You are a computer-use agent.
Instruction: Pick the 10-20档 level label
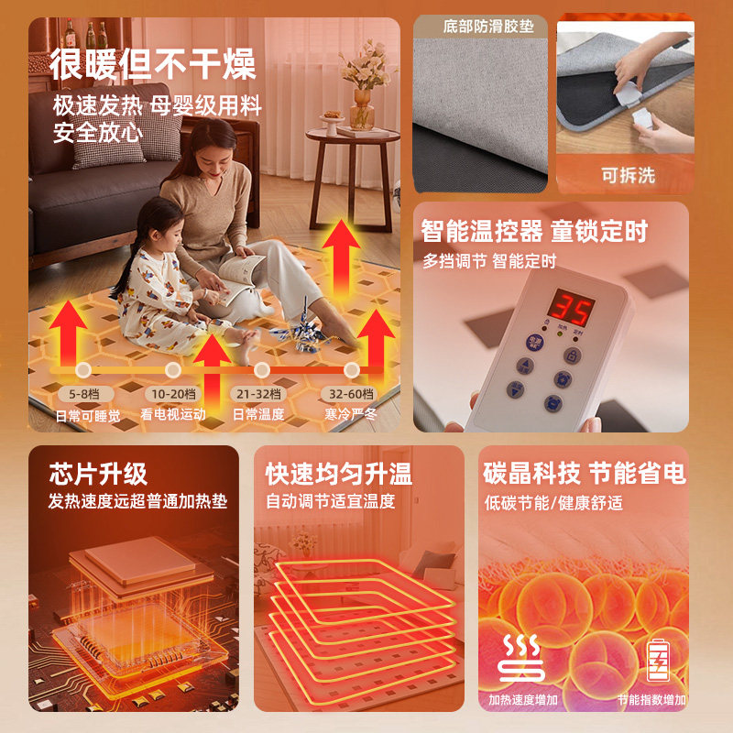pyautogui.click(x=173, y=394)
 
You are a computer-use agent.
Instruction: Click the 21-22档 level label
pyautogui.click(x=261, y=394)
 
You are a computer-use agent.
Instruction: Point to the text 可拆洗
pyautogui.click(x=628, y=175)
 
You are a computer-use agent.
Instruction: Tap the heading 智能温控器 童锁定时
pyautogui.click(x=533, y=232)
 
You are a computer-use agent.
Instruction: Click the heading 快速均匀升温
pyautogui.click(x=338, y=474)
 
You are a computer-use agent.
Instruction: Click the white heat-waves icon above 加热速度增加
pyautogui.click(x=521, y=658)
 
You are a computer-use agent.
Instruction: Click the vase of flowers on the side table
pyautogui.click(x=361, y=87)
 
